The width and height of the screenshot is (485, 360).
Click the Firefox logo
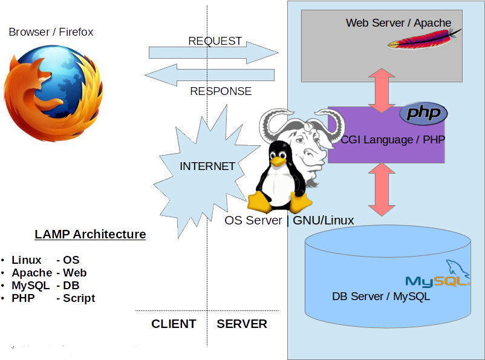point(53,93)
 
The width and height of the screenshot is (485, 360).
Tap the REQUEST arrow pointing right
point(213,53)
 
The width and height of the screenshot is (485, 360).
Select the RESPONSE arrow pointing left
point(209,75)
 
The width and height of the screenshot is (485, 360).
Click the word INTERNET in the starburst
point(207,166)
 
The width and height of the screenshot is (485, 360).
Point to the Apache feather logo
point(424,39)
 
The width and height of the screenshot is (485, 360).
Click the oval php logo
point(423,113)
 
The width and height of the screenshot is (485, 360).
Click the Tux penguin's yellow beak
point(278,161)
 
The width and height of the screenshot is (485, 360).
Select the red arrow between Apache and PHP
point(382,90)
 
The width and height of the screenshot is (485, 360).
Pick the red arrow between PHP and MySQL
point(382,189)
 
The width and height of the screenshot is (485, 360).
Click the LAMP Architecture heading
point(90,234)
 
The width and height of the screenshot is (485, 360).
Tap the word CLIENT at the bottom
point(174,324)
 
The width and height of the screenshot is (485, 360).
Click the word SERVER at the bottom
point(242,324)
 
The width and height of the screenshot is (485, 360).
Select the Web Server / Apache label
point(399,23)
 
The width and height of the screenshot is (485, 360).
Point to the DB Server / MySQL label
point(381,296)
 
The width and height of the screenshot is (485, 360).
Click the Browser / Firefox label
point(51,32)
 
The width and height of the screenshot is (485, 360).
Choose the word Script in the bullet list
point(79,298)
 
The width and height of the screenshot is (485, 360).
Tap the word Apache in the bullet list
point(32,273)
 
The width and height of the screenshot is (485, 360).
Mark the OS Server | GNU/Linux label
point(289,220)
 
